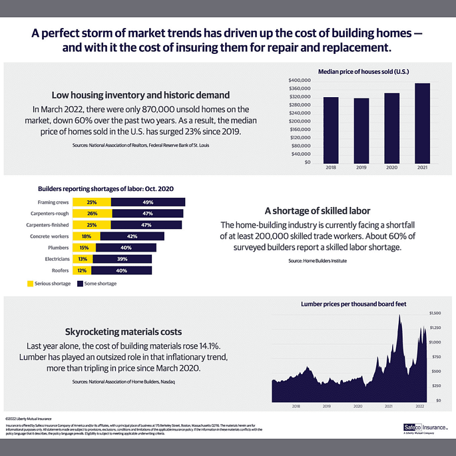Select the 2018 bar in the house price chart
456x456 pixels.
(x=331, y=130)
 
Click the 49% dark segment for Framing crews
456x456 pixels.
(x=148, y=202)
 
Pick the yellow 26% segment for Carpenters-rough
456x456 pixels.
(x=92, y=214)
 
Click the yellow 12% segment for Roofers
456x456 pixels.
(x=83, y=270)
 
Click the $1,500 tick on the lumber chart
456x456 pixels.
(x=435, y=312)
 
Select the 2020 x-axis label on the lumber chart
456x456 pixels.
(x=357, y=405)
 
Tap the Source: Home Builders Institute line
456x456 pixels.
(x=318, y=261)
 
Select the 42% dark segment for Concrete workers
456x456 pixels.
(x=132, y=236)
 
